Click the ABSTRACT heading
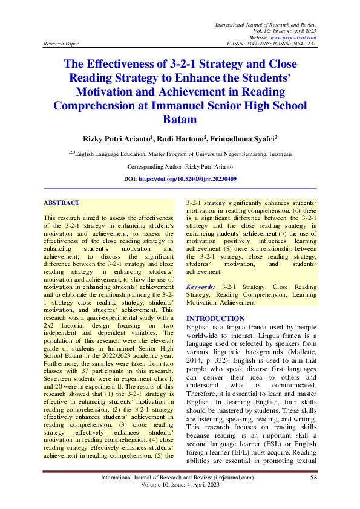coord(62,203)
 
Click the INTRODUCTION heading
coord(215,319)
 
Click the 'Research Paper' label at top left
coord(61,44)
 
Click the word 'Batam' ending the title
coord(180,120)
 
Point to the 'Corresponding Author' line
coord(180,166)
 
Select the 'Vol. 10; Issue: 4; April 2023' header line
coord(282,30)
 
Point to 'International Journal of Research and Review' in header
coord(266,23)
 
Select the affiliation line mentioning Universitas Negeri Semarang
coord(180,154)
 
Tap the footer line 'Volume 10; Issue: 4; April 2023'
coord(180,485)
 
